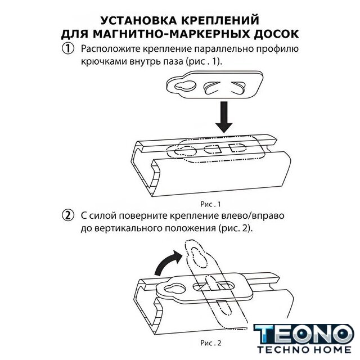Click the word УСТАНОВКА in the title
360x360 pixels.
point(139,20)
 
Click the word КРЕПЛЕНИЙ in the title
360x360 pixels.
point(220,20)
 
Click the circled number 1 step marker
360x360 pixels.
point(68,49)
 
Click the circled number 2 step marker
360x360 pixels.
point(68,215)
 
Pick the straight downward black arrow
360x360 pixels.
point(224,117)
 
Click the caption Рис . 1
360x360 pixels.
point(210,204)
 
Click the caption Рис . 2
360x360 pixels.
point(211,343)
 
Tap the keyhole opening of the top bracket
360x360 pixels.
point(186,86)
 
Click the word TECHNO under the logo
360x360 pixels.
point(282,350)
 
